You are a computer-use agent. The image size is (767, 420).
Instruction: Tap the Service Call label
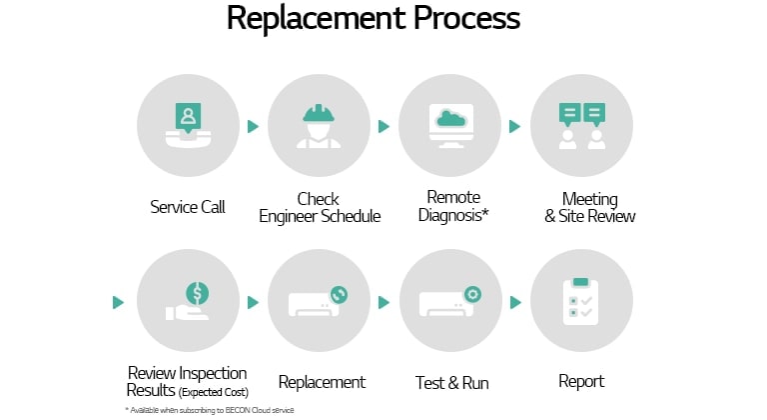pos(188,207)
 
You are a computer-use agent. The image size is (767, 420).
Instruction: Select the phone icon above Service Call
pos(188,126)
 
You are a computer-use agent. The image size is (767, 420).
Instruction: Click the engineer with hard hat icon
pos(320,126)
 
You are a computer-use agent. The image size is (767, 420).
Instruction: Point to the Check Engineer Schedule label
pos(320,207)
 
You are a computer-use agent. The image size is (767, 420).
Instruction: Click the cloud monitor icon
pos(450,126)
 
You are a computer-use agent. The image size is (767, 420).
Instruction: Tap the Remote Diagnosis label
pos(453,206)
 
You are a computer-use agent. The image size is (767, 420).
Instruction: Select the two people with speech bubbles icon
pos(582,126)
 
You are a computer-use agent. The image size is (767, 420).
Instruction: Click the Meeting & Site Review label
pos(589,207)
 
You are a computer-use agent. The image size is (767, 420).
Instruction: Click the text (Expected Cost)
pos(214,391)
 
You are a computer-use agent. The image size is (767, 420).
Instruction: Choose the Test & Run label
pos(450,382)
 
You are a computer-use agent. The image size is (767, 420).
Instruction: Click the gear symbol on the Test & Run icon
pos(471,294)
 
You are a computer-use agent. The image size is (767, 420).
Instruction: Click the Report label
pos(581,381)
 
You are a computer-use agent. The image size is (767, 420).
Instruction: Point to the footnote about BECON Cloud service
pos(210,410)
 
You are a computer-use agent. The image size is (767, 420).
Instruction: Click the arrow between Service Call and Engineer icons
pos(254,127)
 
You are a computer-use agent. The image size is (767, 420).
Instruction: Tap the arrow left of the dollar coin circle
pos(119,302)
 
